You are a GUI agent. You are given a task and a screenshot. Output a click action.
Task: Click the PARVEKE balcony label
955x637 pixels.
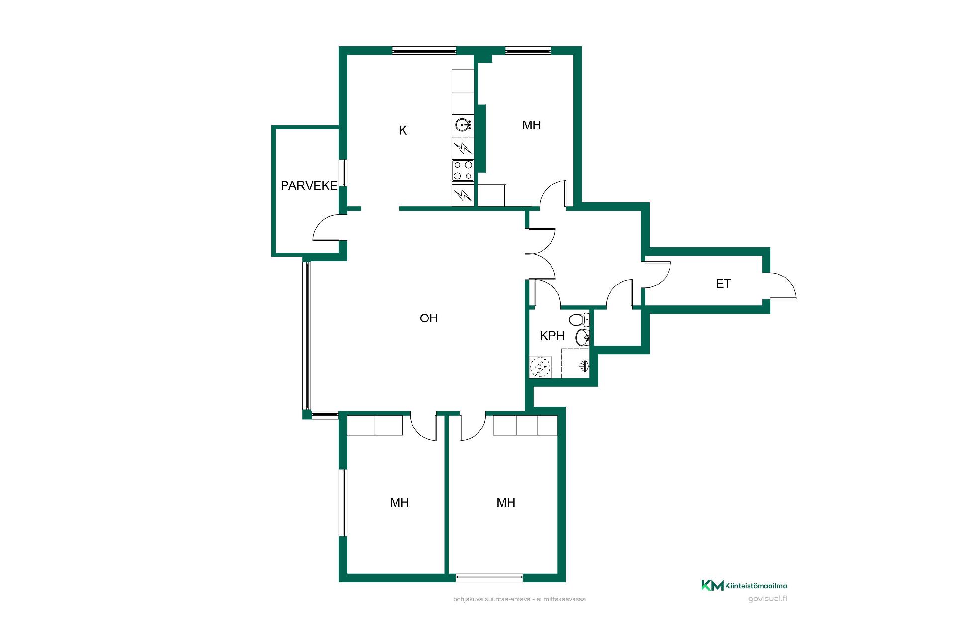(309, 186)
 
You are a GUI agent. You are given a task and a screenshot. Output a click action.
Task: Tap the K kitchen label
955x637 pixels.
(403, 130)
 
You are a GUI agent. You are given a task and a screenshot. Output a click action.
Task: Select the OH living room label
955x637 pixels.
(429, 318)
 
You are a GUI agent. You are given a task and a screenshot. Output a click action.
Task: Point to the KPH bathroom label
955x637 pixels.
(552, 336)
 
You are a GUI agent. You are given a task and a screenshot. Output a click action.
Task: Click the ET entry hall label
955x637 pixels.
(723, 284)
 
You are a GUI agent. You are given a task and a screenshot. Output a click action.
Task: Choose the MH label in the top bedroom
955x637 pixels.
(531, 125)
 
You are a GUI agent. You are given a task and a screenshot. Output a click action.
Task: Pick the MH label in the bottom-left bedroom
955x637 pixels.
(399, 503)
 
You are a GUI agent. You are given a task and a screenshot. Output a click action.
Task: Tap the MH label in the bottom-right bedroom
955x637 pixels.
(506, 503)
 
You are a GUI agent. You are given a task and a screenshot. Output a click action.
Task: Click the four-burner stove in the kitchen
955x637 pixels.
(463, 170)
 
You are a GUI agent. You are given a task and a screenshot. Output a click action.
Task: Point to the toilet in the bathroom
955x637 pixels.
(579, 319)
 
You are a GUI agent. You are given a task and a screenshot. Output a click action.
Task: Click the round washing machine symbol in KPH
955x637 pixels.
(540, 367)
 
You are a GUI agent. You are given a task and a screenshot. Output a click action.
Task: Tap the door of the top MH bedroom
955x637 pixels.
(552, 192)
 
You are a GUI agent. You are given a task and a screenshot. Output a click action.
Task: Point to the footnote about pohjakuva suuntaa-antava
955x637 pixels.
(519, 599)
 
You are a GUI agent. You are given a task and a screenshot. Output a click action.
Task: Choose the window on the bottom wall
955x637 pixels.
(489, 578)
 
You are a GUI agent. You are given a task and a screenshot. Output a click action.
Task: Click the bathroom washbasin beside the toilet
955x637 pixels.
(583, 338)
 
